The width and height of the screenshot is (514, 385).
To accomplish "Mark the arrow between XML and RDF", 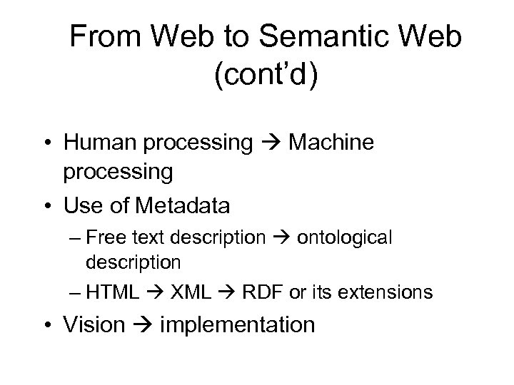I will (230, 292).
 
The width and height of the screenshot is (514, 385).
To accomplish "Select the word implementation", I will (238, 324).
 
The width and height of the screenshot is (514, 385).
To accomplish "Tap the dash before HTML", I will (79, 292).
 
